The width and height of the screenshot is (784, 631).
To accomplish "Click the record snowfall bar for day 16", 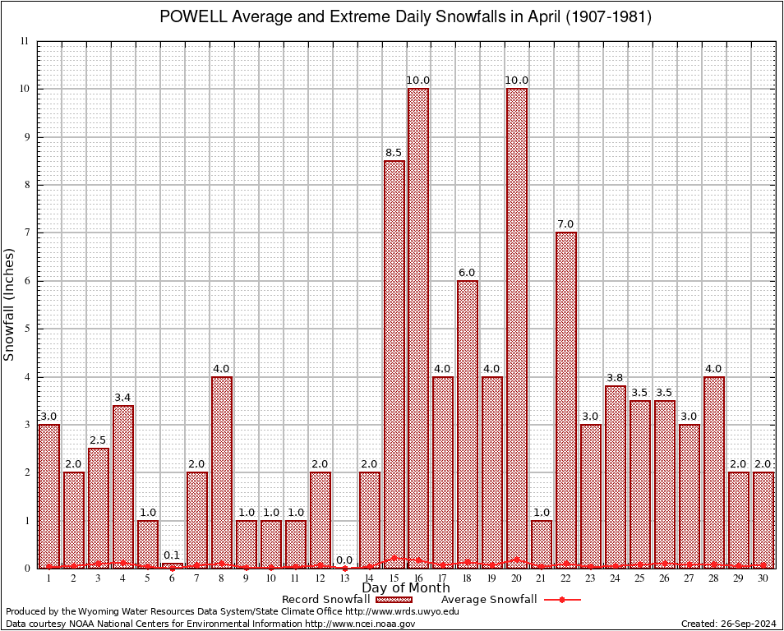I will [x=418, y=329].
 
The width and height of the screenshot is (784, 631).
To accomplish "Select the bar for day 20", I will [x=517, y=329].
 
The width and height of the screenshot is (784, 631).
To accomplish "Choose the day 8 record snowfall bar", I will [x=222, y=472].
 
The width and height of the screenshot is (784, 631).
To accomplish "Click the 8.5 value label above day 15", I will [x=394, y=153].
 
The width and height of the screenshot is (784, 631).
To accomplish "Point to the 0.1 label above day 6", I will [x=172, y=555].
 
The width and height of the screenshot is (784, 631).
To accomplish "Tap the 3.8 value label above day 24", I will [x=616, y=378].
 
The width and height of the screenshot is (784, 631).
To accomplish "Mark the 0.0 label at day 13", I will [x=344, y=560].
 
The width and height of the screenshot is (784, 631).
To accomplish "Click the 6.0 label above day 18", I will [x=468, y=273].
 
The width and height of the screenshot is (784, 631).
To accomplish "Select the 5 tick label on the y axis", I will [x=27, y=329].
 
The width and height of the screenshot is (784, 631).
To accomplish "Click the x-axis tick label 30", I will [x=763, y=578].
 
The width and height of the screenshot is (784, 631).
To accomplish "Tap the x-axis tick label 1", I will [x=49, y=578].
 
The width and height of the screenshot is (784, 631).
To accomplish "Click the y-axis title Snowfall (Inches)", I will [x=10, y=304].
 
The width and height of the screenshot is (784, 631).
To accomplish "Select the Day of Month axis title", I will [x=405, y=588].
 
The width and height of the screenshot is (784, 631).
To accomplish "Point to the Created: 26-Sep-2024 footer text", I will [x=729, y=624].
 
